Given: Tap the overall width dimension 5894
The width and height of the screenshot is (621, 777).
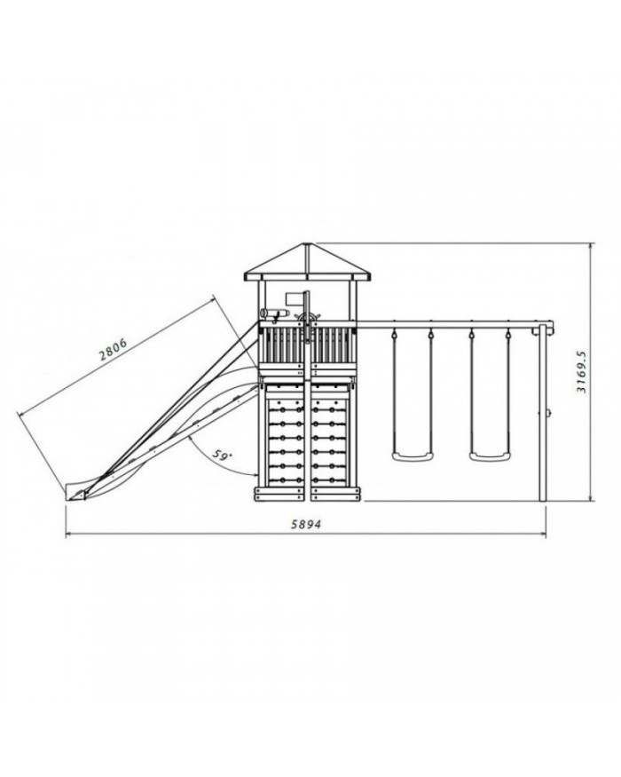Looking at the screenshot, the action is (x=305, y=524).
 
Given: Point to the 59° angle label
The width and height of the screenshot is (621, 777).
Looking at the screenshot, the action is (x=222, y=455).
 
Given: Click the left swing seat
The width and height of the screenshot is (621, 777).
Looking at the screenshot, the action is (x=412, y=456).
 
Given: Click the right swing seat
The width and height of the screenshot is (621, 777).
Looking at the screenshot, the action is (x=490, y=456).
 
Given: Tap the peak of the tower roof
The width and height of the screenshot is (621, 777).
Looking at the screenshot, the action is (x=307, y=243).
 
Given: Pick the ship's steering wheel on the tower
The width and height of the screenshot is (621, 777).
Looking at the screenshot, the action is (x=308, y=318).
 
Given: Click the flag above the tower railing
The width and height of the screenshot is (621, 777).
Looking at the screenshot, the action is (x=295, y=298).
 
